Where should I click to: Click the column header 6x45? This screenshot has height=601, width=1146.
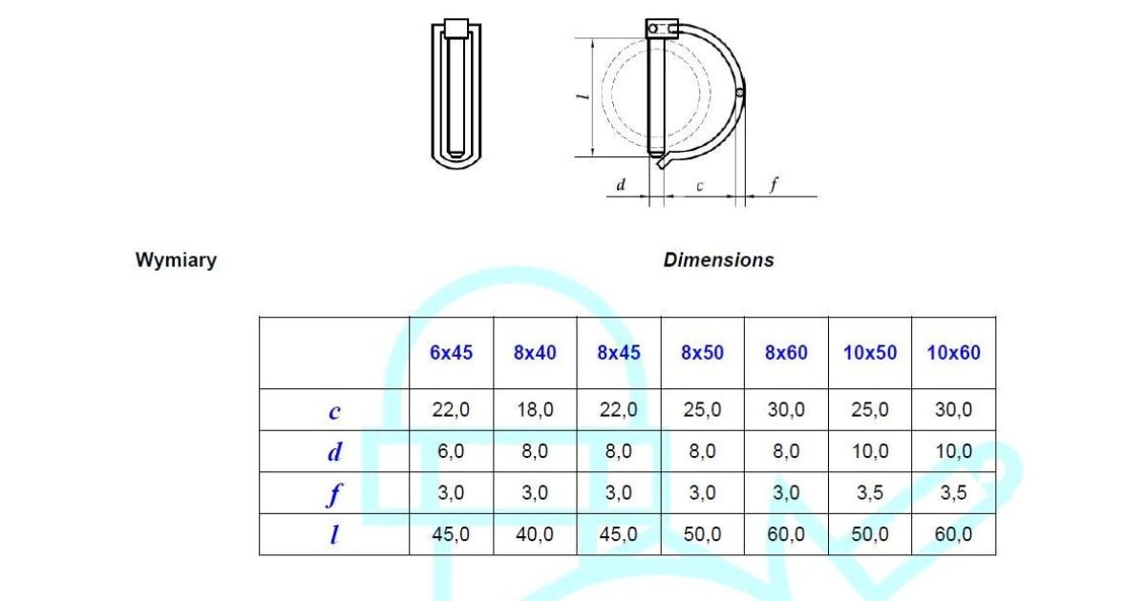coord(452,352)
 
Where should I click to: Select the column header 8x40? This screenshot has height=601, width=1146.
coord(535,352)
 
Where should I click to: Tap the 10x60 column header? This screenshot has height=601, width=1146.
coord(953,352)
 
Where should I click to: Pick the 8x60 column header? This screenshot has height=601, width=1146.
coord(786,352)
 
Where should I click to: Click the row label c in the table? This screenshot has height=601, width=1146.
coord(334,411)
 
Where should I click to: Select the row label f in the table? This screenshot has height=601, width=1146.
coord(334,494)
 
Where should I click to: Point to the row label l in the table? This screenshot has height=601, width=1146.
coord(334,535)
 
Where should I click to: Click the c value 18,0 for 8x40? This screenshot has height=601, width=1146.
coord(535,410)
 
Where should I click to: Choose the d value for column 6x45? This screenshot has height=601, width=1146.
coord(452,452)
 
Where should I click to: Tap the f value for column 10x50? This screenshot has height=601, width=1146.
coord(870,493)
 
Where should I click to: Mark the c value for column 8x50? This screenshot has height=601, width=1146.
coord(702,410)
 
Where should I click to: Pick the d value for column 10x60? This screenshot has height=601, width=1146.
coord(953,452)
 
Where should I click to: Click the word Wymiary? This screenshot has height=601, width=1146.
coord(176,260)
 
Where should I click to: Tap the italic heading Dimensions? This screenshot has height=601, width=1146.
coord(718,260)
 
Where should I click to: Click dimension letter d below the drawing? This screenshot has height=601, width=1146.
coord(621,185)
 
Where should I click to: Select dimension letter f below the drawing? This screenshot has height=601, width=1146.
coord(774,184)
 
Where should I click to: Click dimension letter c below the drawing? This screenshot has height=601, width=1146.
coord(700,186)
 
